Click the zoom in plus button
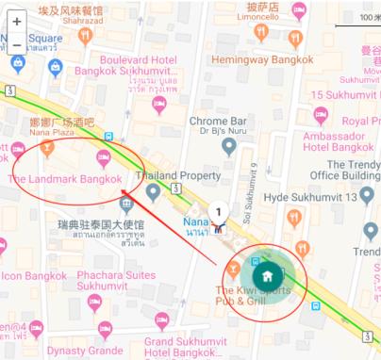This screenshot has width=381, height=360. [17, 21]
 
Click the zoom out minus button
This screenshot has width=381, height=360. [17, 44]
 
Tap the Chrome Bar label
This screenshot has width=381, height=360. [218, 121]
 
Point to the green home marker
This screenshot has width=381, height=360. [268, 276]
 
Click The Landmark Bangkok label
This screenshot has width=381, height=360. [65, 179]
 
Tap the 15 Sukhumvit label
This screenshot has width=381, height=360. [343, 95]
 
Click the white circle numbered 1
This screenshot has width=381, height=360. [219, 213]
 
